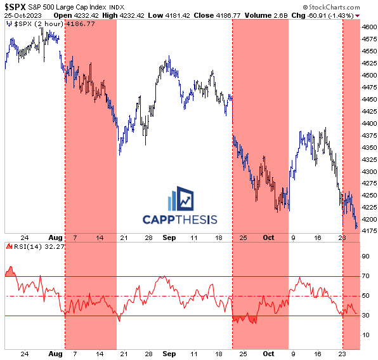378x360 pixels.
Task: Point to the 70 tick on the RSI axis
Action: (365, 276)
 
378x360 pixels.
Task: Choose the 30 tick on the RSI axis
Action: (365, 316)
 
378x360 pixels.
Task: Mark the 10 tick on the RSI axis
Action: (365, 335)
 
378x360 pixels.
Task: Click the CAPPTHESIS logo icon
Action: (180, 199)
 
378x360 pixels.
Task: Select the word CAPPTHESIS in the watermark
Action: (180, 220)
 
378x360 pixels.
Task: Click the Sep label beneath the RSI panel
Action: (169, 354)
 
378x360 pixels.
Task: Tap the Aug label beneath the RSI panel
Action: (55, 354)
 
